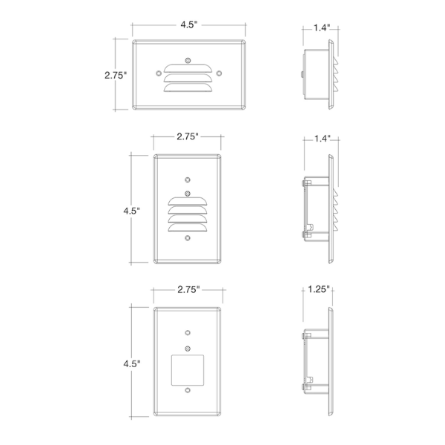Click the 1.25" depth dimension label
[319, 289]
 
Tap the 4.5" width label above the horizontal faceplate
[188, 24]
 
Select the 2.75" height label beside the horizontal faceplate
[116, 75]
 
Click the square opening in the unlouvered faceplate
[188, 370]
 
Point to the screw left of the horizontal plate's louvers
[159, 73]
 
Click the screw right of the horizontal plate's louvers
[219, 73]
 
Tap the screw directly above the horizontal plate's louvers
[188, 60]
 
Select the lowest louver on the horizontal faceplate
[188, 88]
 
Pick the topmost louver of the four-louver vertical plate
[188, 201]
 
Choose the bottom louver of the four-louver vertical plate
[188, 228]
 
